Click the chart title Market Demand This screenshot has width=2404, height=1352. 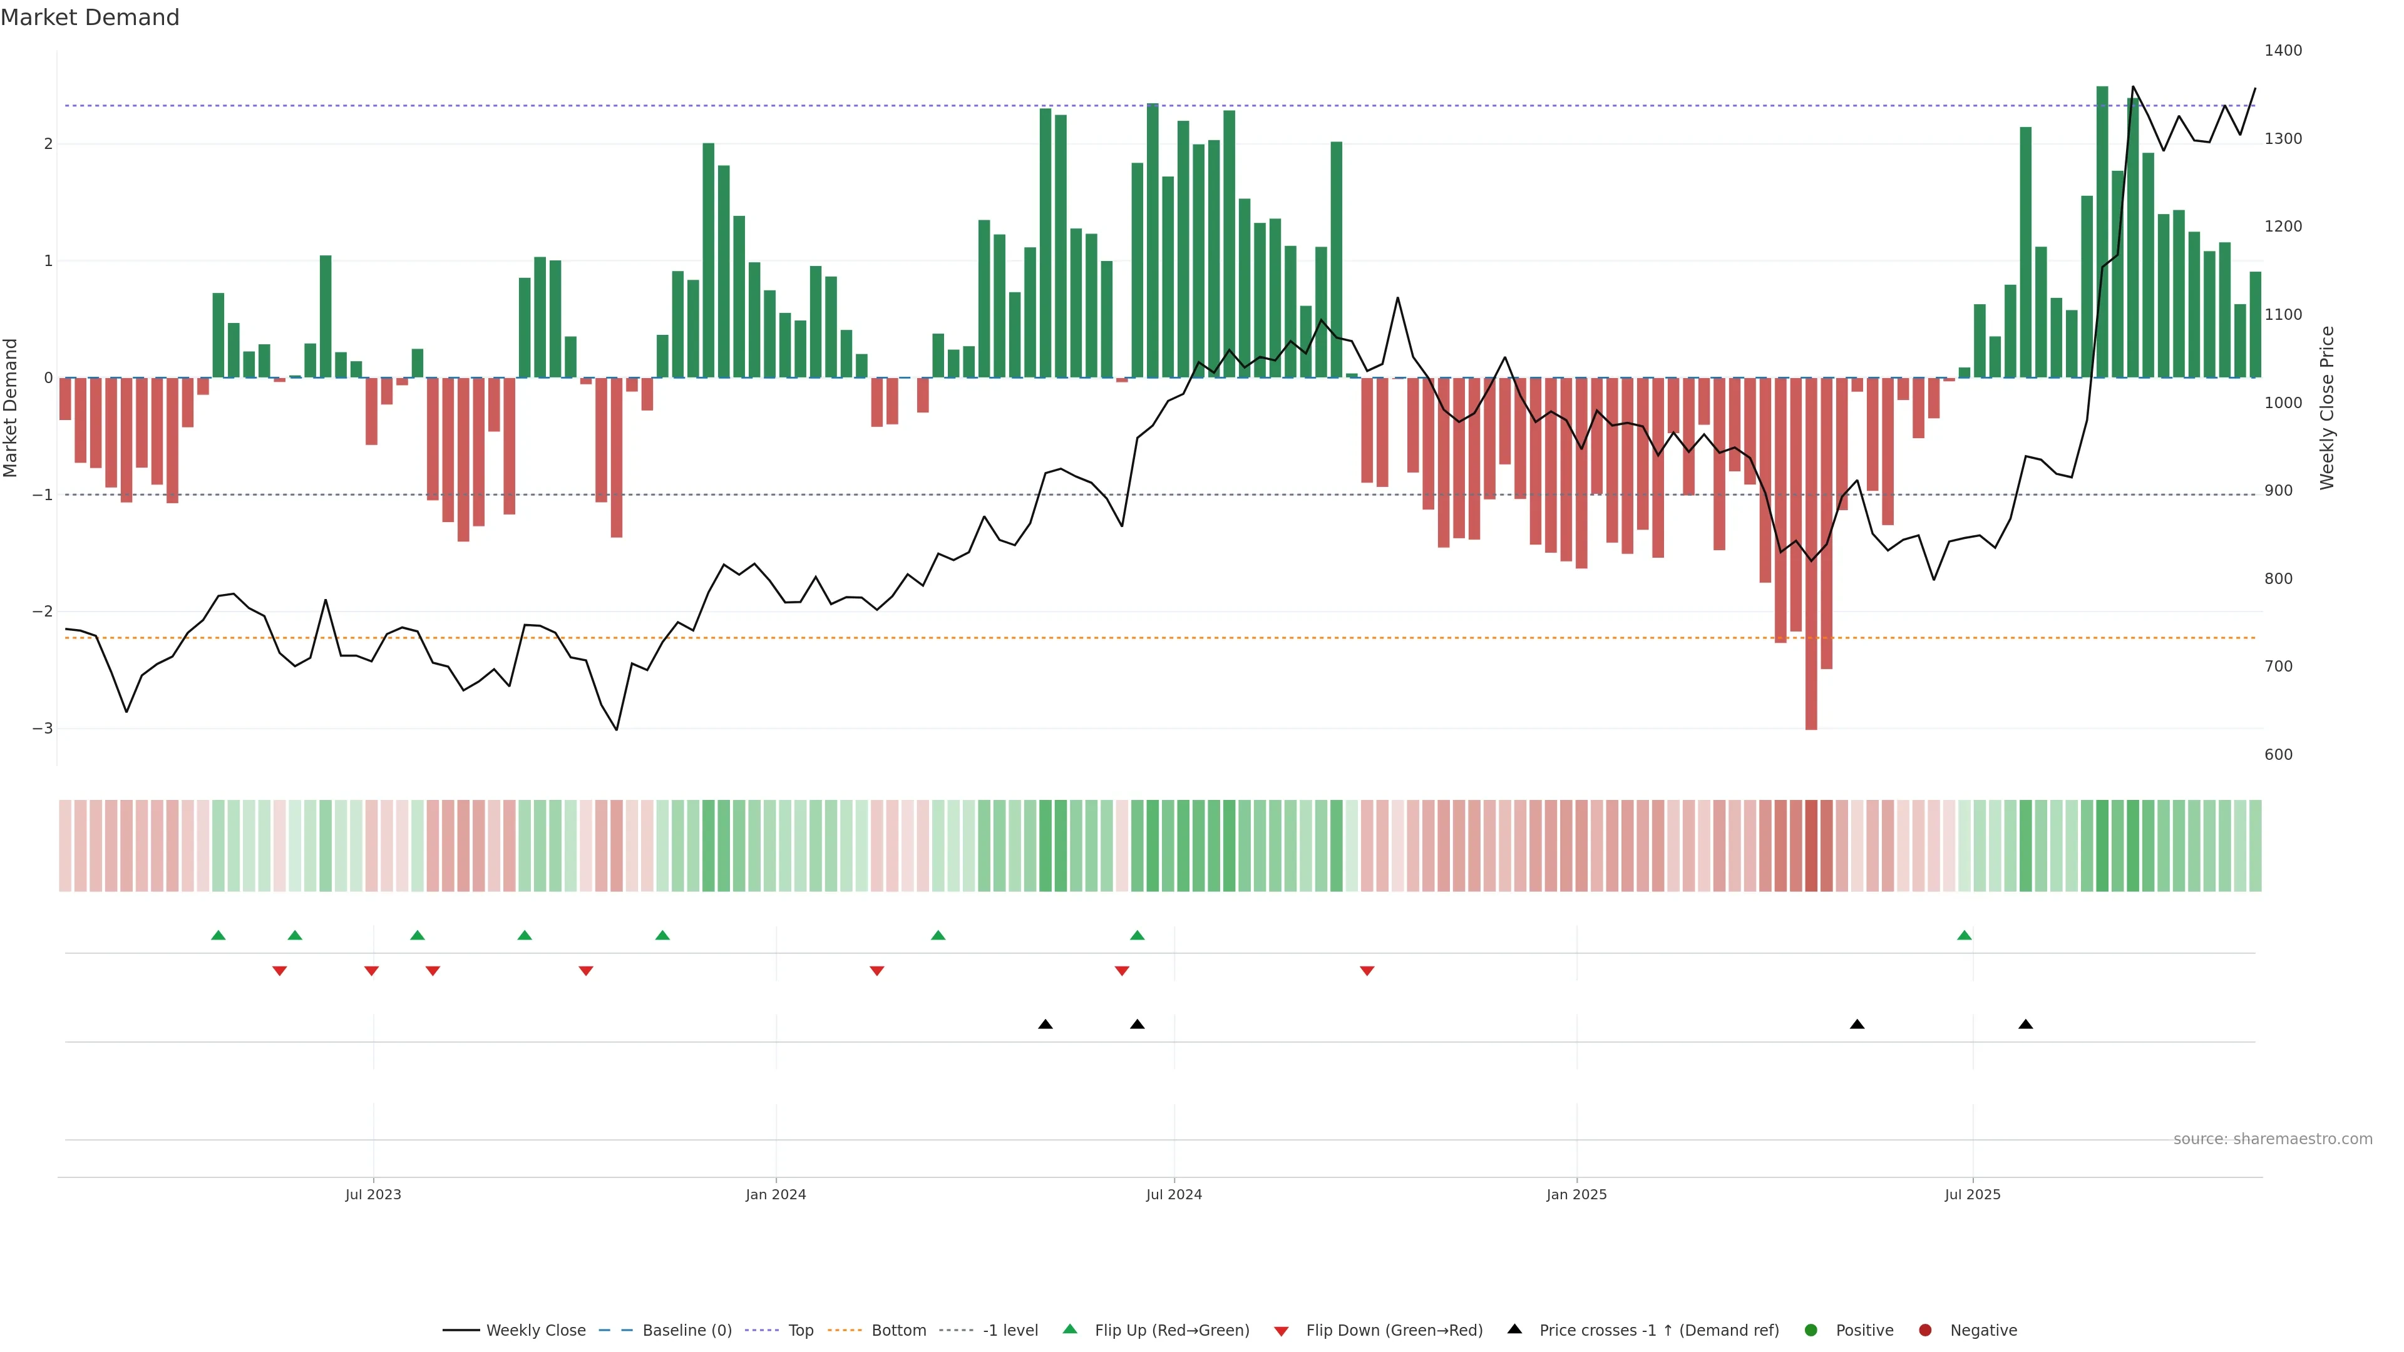click(x=90, y=18)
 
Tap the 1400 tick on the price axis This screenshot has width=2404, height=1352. click(x=2283, y=50)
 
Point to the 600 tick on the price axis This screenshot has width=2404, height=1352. click(x=2278, y=755)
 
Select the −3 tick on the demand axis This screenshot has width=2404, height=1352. click(x=42, y=729)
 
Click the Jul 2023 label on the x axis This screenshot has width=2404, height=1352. click(x=372, y=1194)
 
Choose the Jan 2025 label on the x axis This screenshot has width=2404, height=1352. click(x=1576, y=1194)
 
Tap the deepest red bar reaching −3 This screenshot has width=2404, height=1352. click(x=1811, y=560)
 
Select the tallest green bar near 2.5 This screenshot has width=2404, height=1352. click(x=2102, y=233)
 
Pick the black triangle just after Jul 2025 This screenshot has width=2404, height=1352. click(x=2025, y=1025)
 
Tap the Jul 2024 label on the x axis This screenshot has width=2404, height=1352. click(x=1173, y=1194)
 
